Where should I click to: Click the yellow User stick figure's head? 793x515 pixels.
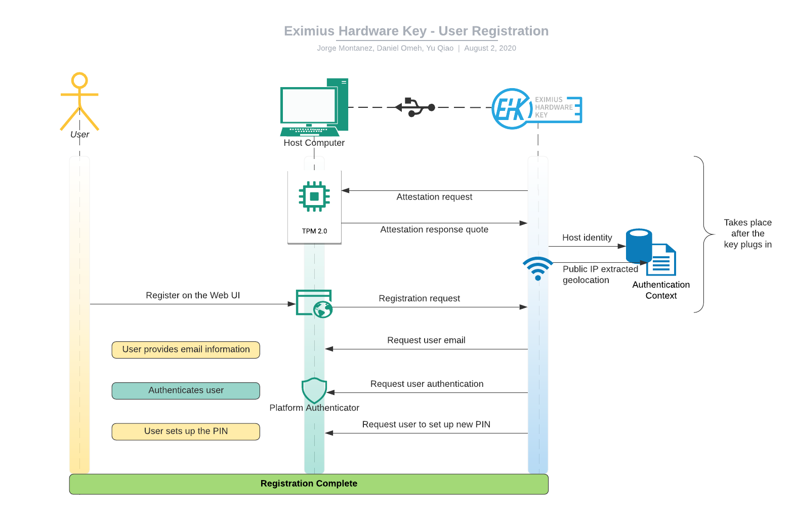point(79,80)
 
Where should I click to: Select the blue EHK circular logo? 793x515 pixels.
point(511,108)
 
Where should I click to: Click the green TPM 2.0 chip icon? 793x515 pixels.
point(314,196)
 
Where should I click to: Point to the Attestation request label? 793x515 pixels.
point(434,197)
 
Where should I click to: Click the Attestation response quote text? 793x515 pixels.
point(434,229)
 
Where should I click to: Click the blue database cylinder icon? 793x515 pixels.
point(639,245)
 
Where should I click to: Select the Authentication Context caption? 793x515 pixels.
point(661,290)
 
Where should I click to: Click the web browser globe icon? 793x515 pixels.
point(322,309)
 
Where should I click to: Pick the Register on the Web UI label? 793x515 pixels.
point(193,295)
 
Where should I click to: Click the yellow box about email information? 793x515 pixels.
point(186,349)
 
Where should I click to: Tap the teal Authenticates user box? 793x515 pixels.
point(186,390)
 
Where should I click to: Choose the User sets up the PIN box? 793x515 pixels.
point(186,431)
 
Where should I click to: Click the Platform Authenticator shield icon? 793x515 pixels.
point(314,390)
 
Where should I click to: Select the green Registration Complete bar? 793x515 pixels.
point(309,484)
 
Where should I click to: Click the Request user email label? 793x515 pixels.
point(426,340)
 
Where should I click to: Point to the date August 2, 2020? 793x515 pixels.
point(490,48)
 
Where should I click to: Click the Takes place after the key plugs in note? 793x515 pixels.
point(747,233)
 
